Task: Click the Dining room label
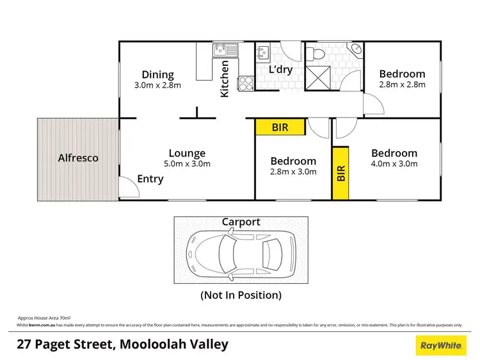pyautogui.click(x=157, y=75)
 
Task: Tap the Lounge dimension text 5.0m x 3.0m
pyautogui.click(x=187, y=164)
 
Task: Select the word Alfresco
pyautogui.click(x=78, y=157)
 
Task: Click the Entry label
pyautogui.click(x=150, y=179)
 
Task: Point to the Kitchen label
pyautogui.click(x=225, y=79)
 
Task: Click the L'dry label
pyautogui.click(x=280, y=69)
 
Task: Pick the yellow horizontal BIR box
pyautogui.click(x=280, y=128)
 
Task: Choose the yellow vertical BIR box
pyautogui.click(x=340, y=173)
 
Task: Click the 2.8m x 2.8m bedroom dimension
pyautogui.click(x=402, y=84)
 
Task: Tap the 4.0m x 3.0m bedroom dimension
pyautogui.click(x=394, y=164)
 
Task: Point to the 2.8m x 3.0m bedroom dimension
pyautogui.click(x=293, y=171)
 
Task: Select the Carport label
pyautogui.click(x=241, y=222)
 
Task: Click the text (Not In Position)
pyautogui.click(x=241, y=295)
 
